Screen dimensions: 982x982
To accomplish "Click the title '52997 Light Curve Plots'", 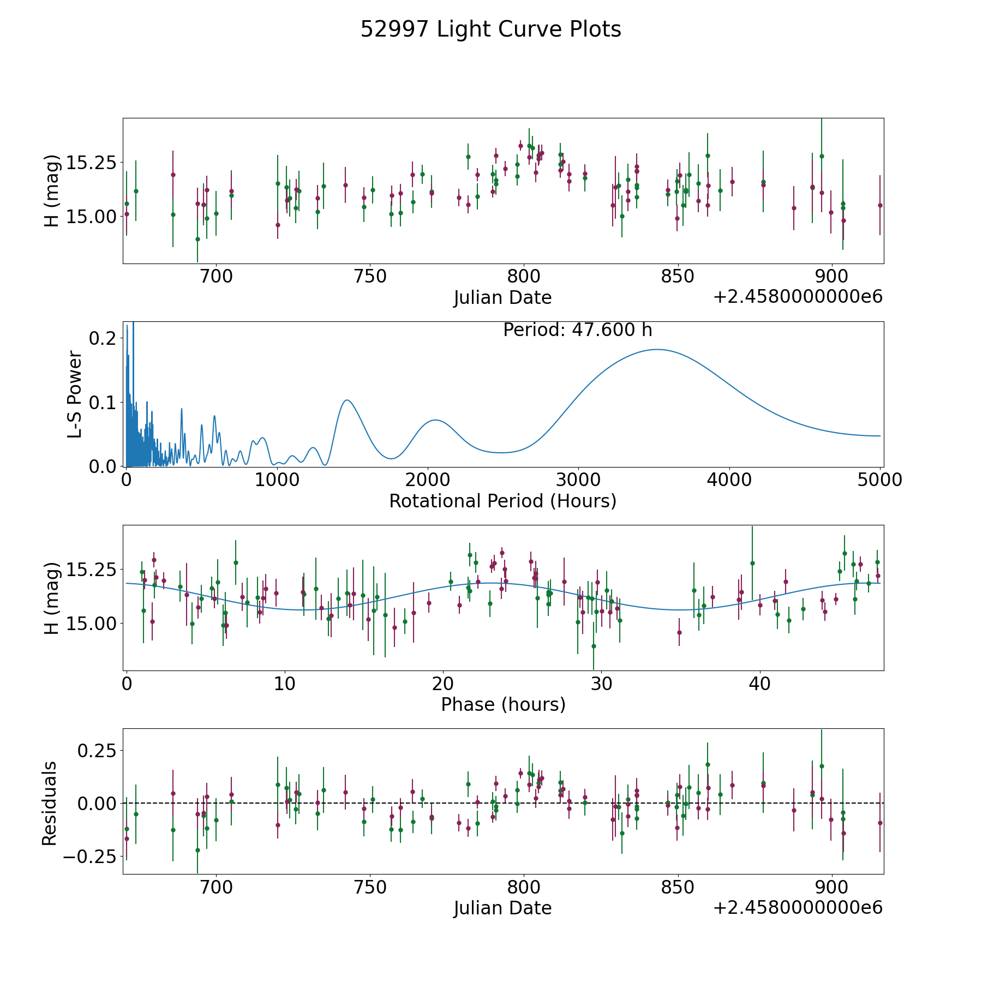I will [490, 29].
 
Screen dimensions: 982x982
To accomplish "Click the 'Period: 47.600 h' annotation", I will [577, 330].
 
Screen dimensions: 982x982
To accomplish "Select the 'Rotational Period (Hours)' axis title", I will [502, 501].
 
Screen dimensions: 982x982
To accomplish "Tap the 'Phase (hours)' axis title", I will [502, 704].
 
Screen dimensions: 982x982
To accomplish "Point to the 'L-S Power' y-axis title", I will [75, 394].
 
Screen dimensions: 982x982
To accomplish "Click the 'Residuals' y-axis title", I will [50, 804].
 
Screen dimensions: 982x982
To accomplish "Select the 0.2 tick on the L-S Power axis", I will [103, 338].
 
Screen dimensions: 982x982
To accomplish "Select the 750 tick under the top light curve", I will [370, 277].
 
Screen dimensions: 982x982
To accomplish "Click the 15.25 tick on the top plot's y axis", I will [91, 163].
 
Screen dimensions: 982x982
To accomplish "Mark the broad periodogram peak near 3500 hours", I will [657, 350].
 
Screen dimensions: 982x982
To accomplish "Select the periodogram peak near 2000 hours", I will [435, 420].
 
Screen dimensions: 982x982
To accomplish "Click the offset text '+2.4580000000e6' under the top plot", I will [798, 297].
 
